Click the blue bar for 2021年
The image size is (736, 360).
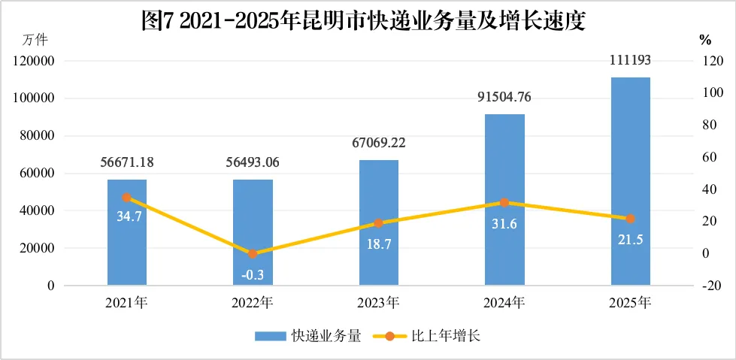[x=127, y=232]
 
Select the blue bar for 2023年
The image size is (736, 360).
[x=379, y=222]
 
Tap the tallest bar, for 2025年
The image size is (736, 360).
[x=631, y=181]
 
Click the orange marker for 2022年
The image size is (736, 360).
[x=253, y=254]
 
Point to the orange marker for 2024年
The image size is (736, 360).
[x=504, y=203]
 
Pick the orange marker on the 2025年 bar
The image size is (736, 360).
[x=631, y=219]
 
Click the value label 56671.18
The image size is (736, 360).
[x=127, y=162]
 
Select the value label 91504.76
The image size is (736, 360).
[x=505, y=98]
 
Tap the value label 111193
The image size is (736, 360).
[x=631, y=61]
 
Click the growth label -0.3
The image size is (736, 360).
[x=253, y=276]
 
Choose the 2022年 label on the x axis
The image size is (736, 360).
[x=253, y=303]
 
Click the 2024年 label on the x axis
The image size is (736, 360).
[x=504, y=303]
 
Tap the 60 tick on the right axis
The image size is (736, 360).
[x=705, y=157]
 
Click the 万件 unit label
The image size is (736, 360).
[x=35, y=41]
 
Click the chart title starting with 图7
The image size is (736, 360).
[x=365, y=22]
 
